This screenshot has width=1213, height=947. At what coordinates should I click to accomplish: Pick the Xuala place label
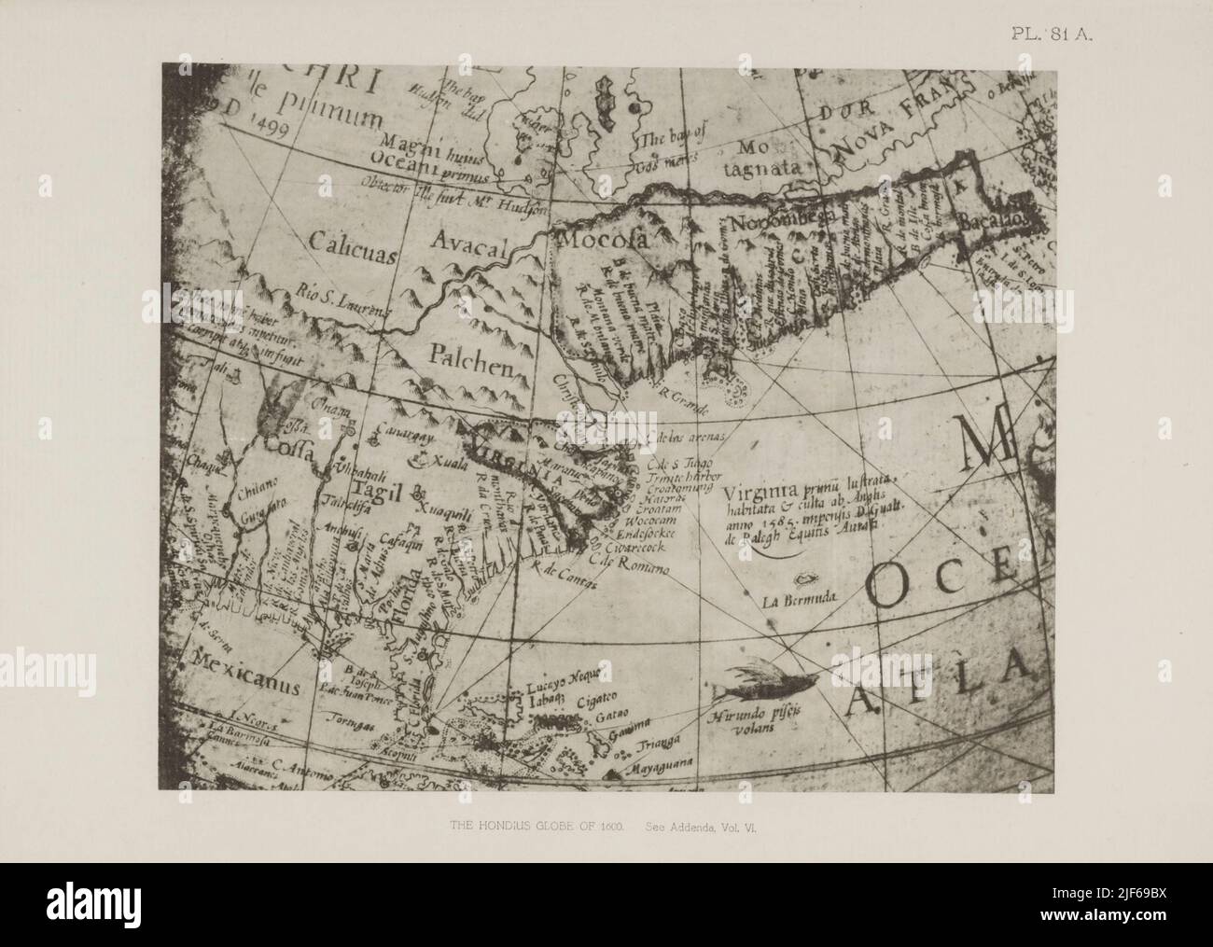pos(446,464)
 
